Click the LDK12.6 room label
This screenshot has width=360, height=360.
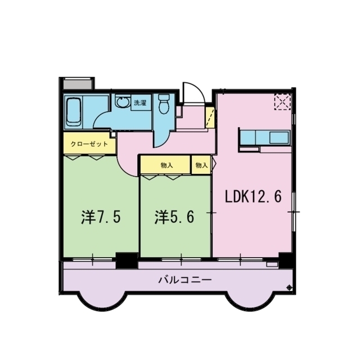(253, 197)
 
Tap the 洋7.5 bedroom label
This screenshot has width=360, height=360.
(101, 218)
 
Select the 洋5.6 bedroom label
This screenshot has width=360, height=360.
(174, 218)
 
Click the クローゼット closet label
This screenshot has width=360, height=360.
(89, 144)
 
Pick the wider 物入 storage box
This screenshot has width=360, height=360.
(166, 165)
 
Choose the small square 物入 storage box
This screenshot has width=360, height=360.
(201, 165)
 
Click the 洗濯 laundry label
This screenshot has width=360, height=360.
(139, 103)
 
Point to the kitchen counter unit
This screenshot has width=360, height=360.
(264, 138)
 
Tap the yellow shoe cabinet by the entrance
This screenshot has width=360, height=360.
(210, 118)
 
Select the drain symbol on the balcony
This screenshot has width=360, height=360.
(290, 288)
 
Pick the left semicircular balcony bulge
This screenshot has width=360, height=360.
(101, 301)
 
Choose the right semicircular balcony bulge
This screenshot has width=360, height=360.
(250, 301)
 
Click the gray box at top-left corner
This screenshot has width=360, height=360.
(78, 84)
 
